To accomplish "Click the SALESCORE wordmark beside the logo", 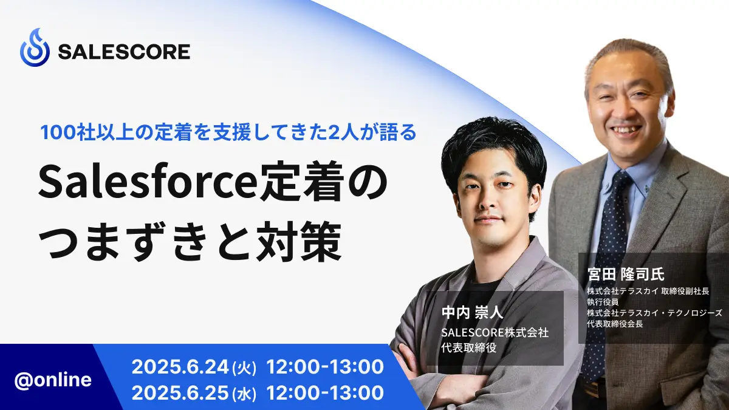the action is (124, 52).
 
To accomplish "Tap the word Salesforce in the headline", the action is (145, 182).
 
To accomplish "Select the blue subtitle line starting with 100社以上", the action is (228, 132).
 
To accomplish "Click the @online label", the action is (53, 380).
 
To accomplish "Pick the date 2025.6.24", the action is (180, 367).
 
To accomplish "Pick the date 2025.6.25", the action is (180, 393).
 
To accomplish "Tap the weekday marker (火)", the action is (245, 368).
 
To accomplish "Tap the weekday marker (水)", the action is (245, 394).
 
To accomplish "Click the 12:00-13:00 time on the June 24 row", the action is (325, 367).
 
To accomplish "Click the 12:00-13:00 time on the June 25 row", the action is (325, 393).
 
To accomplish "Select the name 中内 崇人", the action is (472, 313).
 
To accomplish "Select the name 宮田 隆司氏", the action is (626, 275).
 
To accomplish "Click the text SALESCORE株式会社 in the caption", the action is (495, 333).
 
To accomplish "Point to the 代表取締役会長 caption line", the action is (615, 324).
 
